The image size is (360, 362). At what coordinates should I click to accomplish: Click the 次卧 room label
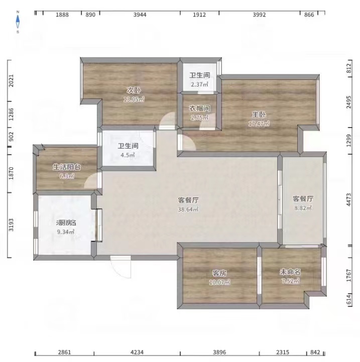click(133, 90)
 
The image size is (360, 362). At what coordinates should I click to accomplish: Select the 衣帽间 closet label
click(199, 108)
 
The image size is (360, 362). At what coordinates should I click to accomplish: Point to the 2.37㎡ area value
click(199, 84)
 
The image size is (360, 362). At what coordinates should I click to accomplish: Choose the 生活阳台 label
click(67, 167)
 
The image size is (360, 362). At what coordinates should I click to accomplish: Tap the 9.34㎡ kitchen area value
click(66, 231)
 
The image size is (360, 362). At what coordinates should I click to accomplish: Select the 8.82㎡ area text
click(303, 208)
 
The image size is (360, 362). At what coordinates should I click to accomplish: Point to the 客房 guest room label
click(219, 273)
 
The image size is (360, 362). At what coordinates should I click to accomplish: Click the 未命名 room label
click(290, 272)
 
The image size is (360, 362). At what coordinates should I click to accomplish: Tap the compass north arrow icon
click(18, 21)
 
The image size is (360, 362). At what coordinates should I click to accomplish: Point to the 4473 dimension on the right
click(348, 201)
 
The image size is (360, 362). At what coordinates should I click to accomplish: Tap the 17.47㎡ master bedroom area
click(259, 124)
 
